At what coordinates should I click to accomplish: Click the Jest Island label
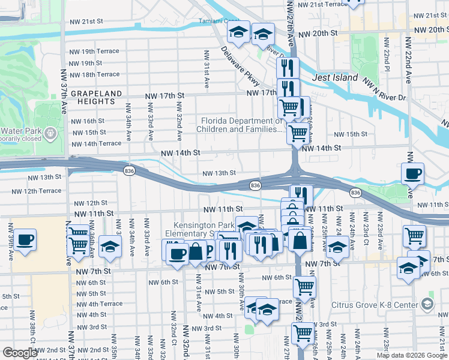click(335, 77)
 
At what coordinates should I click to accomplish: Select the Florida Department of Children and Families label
click(241, 124)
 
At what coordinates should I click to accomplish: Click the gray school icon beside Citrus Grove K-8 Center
click(427, 304)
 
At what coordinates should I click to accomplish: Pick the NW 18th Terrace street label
click(94, 74)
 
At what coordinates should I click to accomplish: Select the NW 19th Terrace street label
click(94, 51)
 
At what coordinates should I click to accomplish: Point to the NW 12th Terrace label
click(36, 191)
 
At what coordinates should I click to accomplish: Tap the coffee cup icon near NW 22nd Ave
click(412, 174)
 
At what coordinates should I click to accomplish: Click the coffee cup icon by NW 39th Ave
click(24, 240)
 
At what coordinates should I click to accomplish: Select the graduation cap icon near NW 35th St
click(110, 247)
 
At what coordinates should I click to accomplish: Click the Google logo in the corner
click(20, 353)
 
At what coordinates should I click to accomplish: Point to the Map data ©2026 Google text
click(411, 355)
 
